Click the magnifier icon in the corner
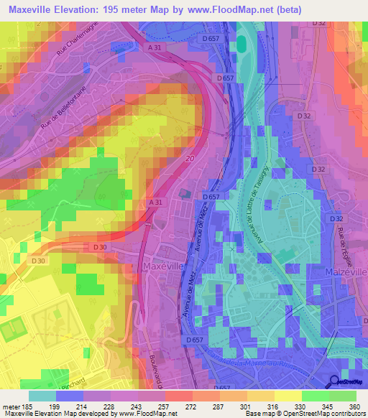pos(333,381)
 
